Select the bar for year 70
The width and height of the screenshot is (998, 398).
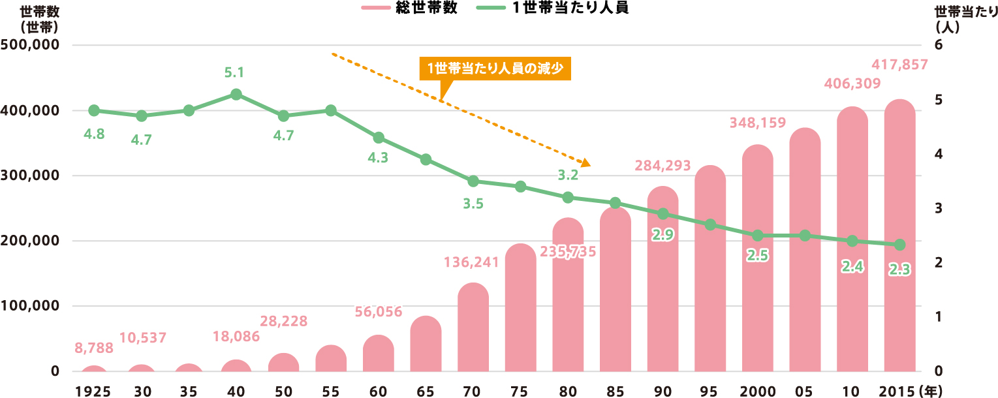tap(473, 329)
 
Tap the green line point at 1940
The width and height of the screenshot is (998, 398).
tap(236, 95)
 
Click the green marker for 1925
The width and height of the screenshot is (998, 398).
tap(94, 110)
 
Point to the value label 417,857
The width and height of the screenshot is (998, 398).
tap(899, 65)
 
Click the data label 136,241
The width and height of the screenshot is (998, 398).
tap(471, 263)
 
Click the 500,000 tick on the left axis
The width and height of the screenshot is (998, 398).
tap(31, 45)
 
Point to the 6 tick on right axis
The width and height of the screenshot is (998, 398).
tap(938, 45)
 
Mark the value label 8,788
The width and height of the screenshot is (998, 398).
tap(94, 348)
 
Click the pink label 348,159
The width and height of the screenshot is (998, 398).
tap(758, 122)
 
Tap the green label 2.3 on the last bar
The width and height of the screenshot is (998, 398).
tap(900, 269)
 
